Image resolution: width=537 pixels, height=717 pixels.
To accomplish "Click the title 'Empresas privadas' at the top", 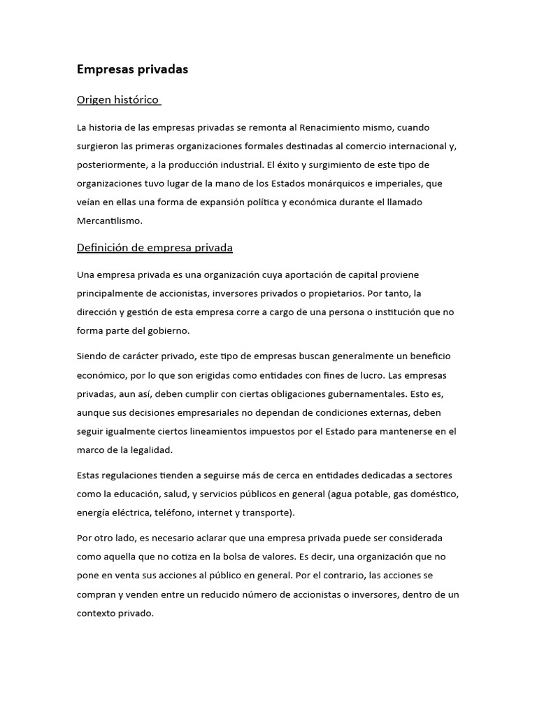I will click(x=132, y=69).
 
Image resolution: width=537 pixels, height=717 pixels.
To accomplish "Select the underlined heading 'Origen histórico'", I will click(x=117, y=100).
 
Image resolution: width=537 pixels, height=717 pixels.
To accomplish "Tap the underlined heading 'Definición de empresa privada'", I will click(x=155, y=248).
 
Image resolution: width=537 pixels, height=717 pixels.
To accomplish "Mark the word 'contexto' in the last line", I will click(x=97, y=613).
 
